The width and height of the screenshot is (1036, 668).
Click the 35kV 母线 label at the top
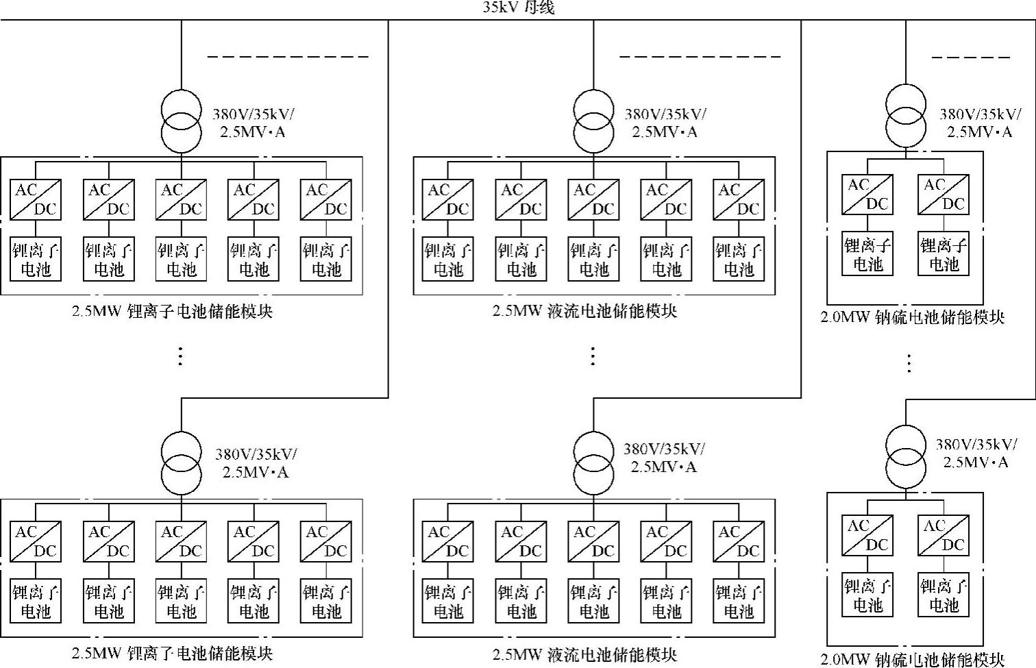tap(518, 8)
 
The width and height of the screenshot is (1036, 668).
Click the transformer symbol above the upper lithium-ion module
tap(182, 121)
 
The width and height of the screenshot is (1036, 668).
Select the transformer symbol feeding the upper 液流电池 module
tap(594, 121)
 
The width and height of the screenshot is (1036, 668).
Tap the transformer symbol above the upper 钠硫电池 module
tap(906, 115)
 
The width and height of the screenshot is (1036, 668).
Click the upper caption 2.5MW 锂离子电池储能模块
tap(173, 312)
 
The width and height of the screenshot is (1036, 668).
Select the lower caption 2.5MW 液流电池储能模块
tap(584, 654)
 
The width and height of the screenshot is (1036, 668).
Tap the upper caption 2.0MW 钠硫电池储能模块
tap(913, 317)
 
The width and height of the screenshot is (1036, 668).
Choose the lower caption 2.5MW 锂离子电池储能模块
tap(173, 654)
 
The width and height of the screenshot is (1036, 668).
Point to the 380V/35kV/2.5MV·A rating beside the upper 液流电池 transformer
tap(665, 123)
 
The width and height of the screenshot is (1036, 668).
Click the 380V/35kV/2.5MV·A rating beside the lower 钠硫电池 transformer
tap(976, 453)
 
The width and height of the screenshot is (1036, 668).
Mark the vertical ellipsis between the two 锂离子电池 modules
tap(180, 356)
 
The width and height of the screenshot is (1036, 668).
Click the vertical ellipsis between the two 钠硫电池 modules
tap(909, 362)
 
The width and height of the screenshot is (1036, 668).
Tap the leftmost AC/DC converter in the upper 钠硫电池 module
tap(867, 195)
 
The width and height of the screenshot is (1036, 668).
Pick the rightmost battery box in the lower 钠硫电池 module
tap(944, 595)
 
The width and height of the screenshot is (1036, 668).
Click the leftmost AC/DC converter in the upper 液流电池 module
tap(448, 200)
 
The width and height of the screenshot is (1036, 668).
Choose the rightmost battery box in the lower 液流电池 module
tap(739, 601)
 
